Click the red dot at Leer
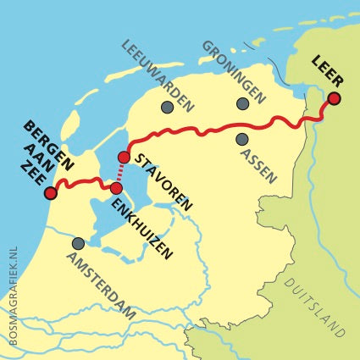pos(335,99)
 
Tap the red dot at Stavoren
pos(124,158)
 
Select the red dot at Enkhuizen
pos(117,187)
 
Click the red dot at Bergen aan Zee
pos(50,194)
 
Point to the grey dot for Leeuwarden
pos(167,107)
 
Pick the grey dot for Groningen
pos(243,103)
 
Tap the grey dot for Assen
pos(242,138)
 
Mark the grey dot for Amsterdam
pos(78,243)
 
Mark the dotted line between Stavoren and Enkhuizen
pos(120,173)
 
